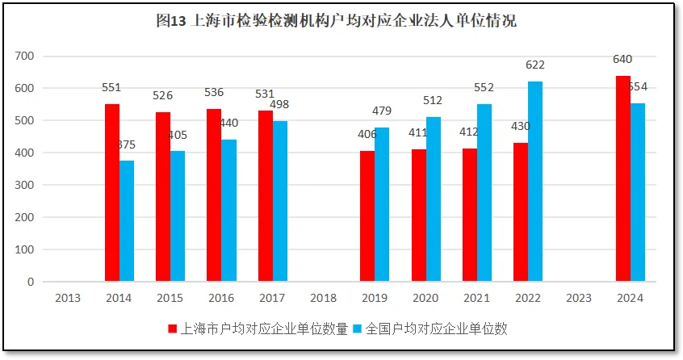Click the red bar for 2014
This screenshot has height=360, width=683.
(112, 193)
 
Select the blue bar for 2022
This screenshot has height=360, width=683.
(535, 182)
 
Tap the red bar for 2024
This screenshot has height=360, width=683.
(623, 178)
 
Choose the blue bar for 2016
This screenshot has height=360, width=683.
(229, 211)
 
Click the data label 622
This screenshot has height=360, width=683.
(535, 65)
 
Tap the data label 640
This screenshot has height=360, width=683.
(622, 59)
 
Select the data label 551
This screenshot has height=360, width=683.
(111, 87)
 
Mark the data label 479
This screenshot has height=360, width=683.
(382, 111)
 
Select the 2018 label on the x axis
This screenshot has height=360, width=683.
(323, 298)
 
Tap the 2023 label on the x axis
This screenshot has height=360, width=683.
(579, 298)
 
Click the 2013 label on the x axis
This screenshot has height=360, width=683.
(67, 298)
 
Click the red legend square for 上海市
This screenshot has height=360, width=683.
(172, 329)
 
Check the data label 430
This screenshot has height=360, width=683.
(521, 127)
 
